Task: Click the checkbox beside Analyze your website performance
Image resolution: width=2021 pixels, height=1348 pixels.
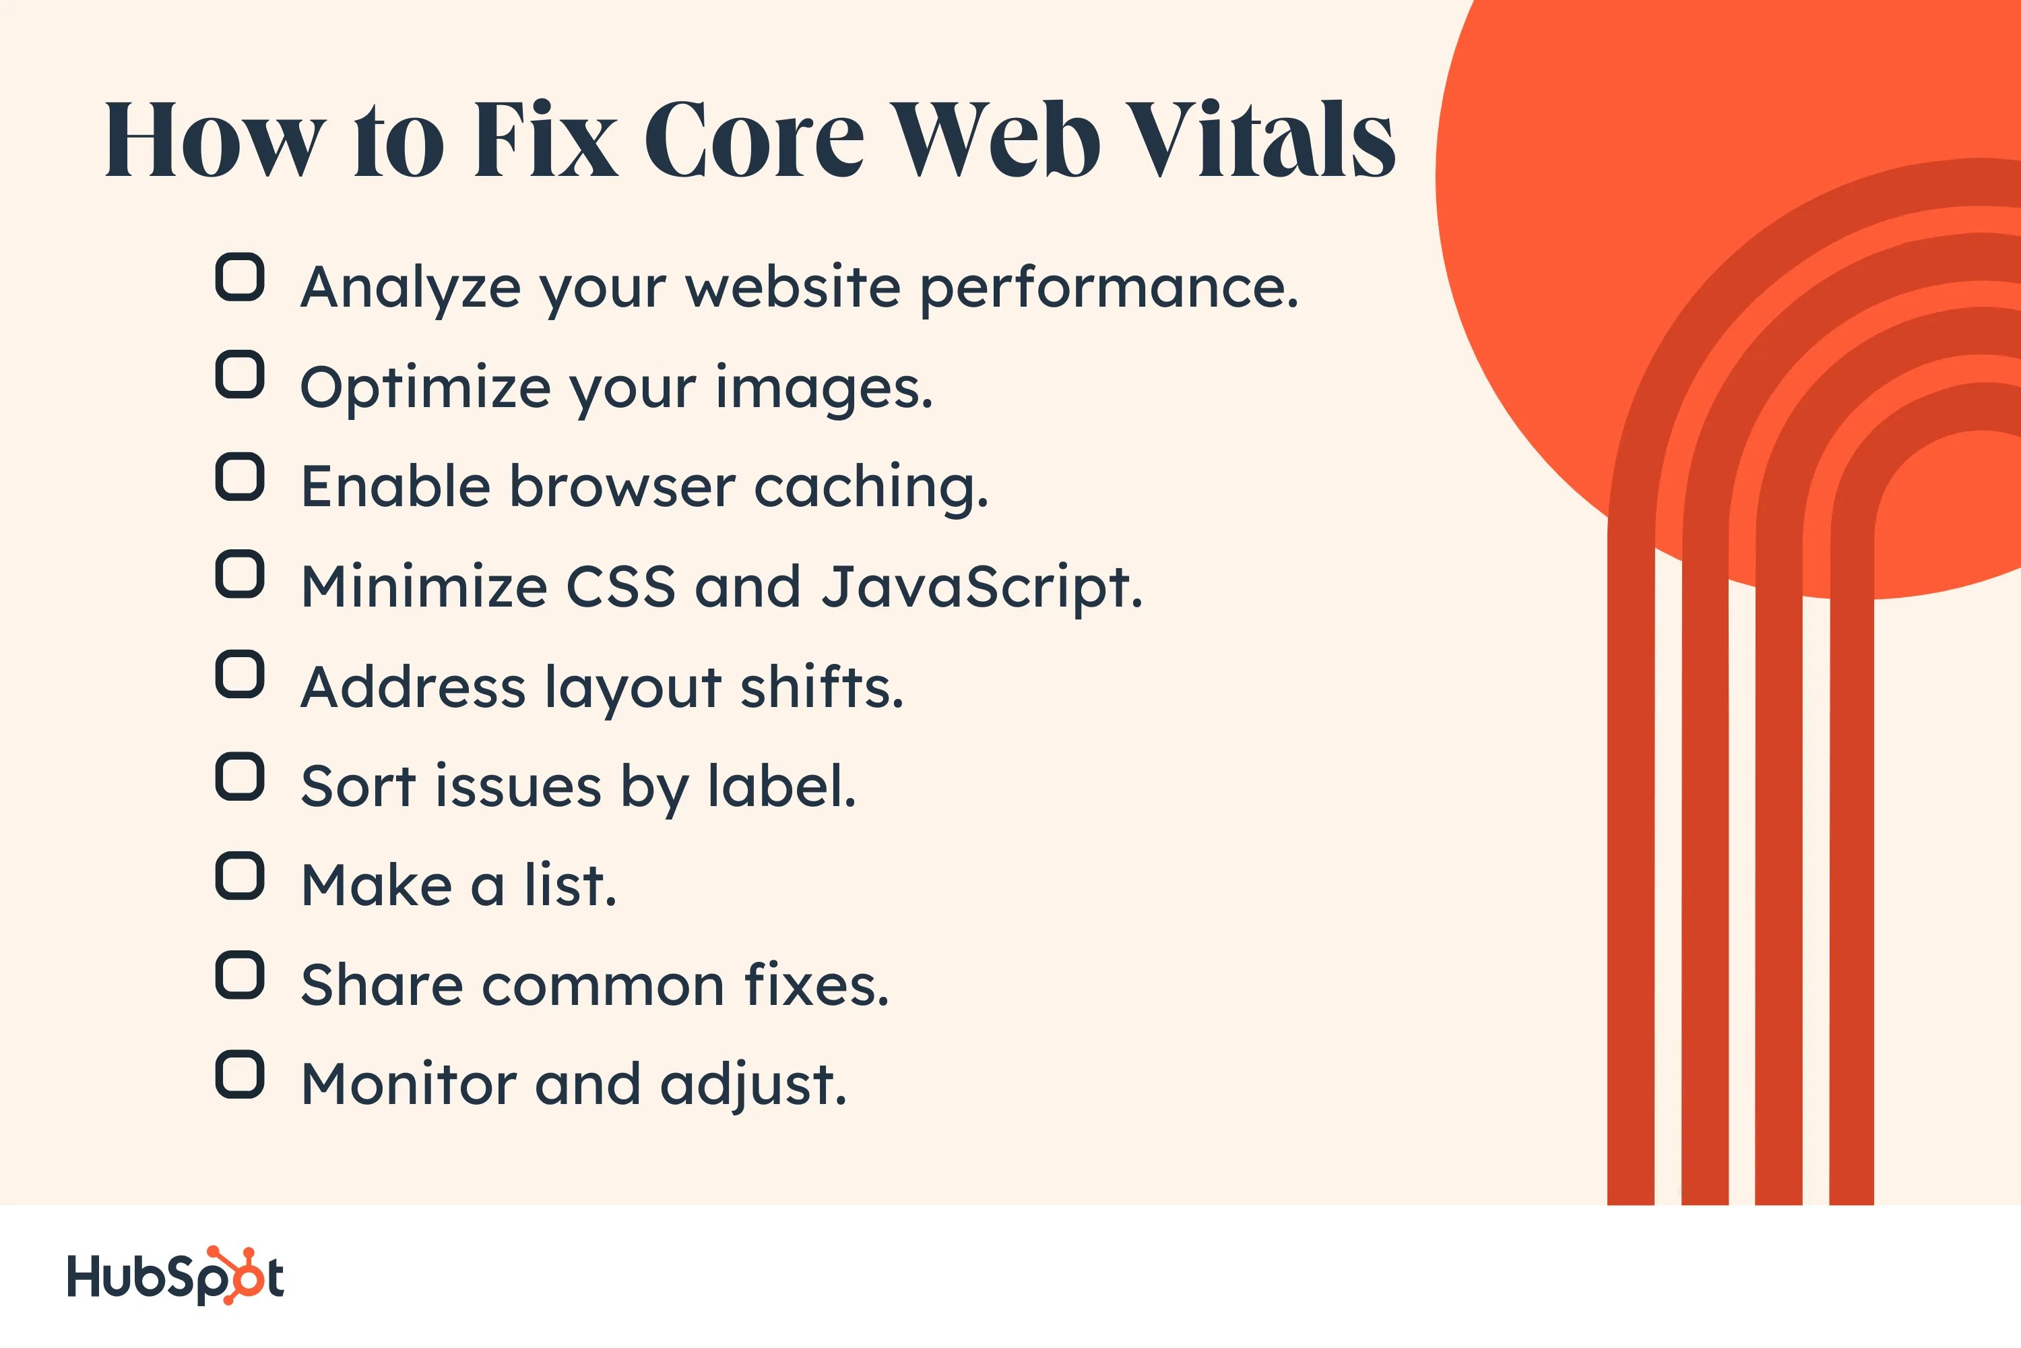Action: pyautogui.click(x=240, y=277)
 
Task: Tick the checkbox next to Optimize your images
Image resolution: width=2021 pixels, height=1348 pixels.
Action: pyautogui.click(x=240, y=375)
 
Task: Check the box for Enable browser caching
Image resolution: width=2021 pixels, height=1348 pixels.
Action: pyautogui.click(x=240, y=477)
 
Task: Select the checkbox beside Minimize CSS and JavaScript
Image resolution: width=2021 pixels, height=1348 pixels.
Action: pyautogui.click(x=240, y=574)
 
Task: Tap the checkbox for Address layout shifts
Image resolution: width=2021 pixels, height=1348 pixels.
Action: pyautogui.click(x=240, y=674)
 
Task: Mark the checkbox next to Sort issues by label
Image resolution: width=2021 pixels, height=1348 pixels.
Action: pyautogui.click(x=240, y=776)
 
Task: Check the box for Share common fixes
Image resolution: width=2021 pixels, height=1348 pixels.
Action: pyautogui.click(x=240, y=975)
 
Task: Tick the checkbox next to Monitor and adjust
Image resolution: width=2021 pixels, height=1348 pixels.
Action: pyautogui.click(x=240, y=1074)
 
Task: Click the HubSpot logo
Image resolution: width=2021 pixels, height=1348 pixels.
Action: pyautogui.click(x=175, y=1276)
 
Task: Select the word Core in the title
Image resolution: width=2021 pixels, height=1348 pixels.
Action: pyautogui.click(x=754, y=140)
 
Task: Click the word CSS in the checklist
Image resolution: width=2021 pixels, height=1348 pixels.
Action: pyautogui.click(x=620, y=588)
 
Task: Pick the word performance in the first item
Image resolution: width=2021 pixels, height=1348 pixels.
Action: pyautogui.click(x=1108, y=288)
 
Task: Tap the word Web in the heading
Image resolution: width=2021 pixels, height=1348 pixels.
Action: pyautogui.click(x=994, y=140)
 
